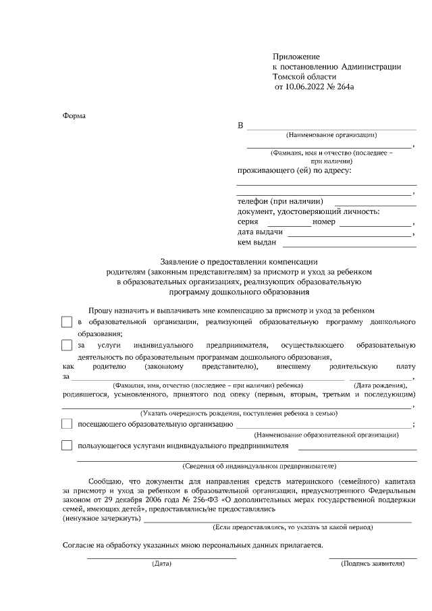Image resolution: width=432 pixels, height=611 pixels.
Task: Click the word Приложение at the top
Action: pos(296,56)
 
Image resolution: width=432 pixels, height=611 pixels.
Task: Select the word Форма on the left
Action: pos(74,115)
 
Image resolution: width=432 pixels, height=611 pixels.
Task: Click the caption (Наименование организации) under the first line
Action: pos(331,135)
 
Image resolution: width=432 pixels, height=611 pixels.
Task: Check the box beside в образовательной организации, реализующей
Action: pos(66,322)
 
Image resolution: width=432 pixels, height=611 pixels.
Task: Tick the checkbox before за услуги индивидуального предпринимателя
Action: pos(66,346)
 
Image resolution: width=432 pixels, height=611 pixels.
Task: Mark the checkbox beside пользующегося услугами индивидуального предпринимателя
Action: pos(66,446)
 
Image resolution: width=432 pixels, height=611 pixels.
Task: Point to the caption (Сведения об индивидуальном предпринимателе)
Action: pos(260,466)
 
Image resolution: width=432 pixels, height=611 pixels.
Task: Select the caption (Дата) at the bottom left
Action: pos(162,562)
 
